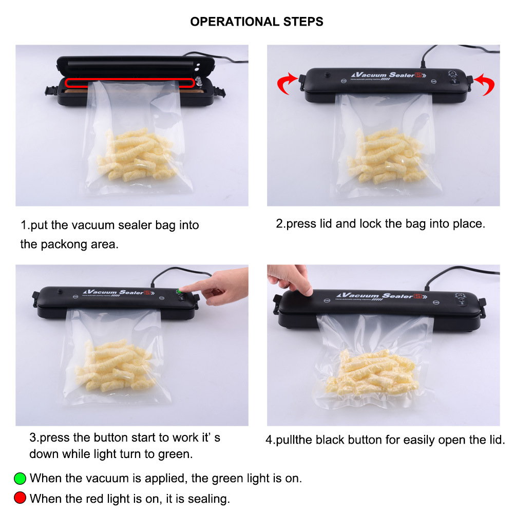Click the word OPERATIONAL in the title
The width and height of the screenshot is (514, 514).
click(x=235, y=22)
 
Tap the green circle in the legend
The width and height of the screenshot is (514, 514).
click(x=20, y=478)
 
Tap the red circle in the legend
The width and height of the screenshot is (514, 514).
click(x=20, y=498)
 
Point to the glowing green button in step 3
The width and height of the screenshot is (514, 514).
click(x=179, y=291)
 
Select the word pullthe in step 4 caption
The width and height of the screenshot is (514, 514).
click(x=294, y=440)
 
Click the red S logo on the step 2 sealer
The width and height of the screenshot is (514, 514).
click(x=418, y=75)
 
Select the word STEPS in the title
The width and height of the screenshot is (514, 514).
click(x=303, y=22)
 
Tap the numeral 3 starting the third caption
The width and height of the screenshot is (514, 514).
click(x=32, y=437)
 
